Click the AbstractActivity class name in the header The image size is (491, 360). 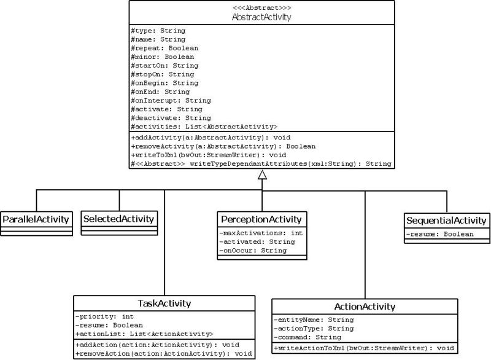(x=261, y=17)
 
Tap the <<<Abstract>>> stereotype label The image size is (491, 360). (x=262, y=7)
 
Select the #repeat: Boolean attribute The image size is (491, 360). (x=164, y=49)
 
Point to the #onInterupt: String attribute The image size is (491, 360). (x=171, y=101)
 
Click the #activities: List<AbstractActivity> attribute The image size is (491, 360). (x=204, y=127)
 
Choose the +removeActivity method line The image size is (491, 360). (x=223, y=146)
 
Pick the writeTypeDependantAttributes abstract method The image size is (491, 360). (x=261, y=164)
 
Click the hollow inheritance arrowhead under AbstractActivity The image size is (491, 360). (x=263, y=174)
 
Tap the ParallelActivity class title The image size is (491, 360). (x=36, y=219)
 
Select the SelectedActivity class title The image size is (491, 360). (x=118, y=219)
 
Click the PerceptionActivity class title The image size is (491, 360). (x=261, y=219)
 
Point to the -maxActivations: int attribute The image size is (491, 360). (x=261, y=233)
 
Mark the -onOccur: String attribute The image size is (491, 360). (x=253, y=251)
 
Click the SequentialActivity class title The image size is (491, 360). (x=446, y=221)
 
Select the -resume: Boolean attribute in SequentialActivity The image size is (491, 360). (x=440, y=234)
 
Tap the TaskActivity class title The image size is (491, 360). (x=164, y=303)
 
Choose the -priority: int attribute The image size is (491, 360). (x=104, y=317)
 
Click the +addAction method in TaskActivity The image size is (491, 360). (x=158, y=345)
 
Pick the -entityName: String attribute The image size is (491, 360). (x=314, y=320)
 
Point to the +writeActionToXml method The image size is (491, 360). (x=364, y=348)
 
